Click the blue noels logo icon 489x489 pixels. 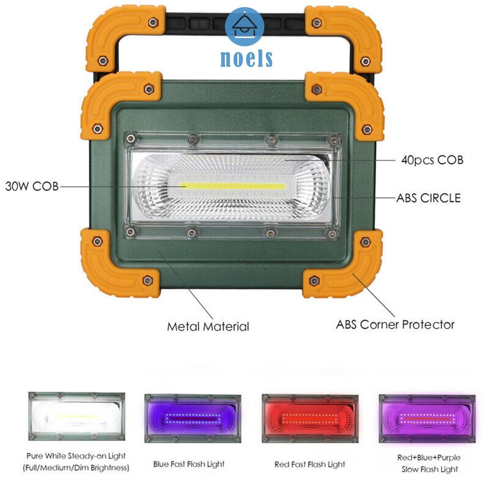[x=245, y=27]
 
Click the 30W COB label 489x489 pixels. [x=31, y=186]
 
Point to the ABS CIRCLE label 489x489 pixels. [x=428, y=198]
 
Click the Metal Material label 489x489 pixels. [x=208, y=326]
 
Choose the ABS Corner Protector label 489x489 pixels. [x=395, y=324]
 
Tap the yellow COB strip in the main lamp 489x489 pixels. [x=233, y=186]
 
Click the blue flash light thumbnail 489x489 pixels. [x=192, y=418]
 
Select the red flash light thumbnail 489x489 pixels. [x=310, y=418]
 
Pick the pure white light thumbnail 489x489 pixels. [x=76, y=416]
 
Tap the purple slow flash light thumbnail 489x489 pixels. [x=426, y=418]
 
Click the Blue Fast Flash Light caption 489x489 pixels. [x=189, y=464]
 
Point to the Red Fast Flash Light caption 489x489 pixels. [x=310, y=464]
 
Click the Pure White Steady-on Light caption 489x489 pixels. [x=76, y=456]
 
